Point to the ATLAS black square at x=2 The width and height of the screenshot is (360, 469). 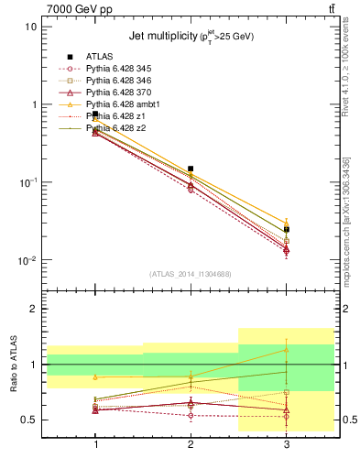(x=191, y=169)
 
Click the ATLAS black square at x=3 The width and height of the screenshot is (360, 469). (x=287, y=230)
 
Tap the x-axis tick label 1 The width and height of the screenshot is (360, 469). (x=95, y=444)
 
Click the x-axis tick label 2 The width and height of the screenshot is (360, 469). (x=191, y=444)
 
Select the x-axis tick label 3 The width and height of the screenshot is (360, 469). (x=287, y=444)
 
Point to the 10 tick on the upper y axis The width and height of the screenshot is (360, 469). (x=31, y=27)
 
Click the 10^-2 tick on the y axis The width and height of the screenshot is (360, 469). (x=28, y=261)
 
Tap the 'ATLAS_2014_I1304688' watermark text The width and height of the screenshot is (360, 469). (x=191, y=274)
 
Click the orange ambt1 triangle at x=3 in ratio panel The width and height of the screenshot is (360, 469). (x=287, y=349)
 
